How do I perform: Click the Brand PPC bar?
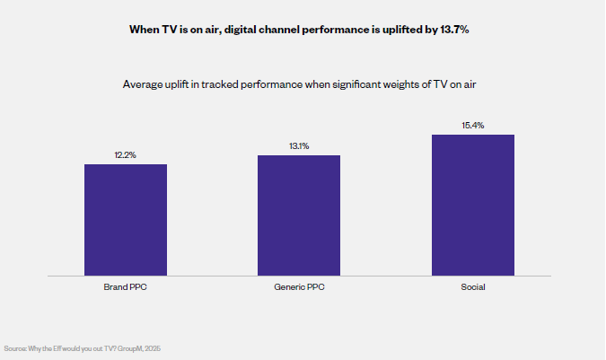point(125,220)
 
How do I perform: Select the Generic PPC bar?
point(299,215)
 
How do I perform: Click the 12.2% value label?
point(125,155)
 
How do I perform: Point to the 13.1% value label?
point(299,146)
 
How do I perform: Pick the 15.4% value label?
point(472,126)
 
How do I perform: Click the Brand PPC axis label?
point(125,287)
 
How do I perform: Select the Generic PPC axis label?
point(299,287)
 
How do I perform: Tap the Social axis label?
point(472,287)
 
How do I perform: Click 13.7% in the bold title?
point(452,30)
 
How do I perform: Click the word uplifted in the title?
point(391,30)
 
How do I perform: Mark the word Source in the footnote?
point(15,347)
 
